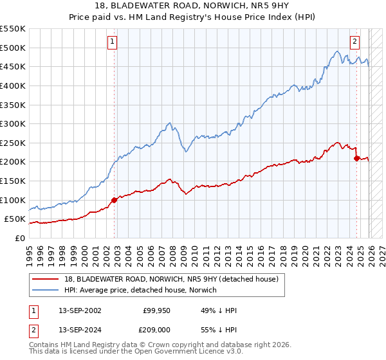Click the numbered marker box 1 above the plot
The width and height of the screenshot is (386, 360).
point(112,42)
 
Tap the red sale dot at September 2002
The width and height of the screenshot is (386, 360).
point(115,200)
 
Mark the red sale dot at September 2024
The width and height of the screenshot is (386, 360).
point(357,157)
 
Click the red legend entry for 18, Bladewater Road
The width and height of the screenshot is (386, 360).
point(170,279)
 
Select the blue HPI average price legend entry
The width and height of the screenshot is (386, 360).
point(140,290)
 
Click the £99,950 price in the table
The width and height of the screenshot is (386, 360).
point(156,310)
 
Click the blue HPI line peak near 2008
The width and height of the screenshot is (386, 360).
point(169,122)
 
